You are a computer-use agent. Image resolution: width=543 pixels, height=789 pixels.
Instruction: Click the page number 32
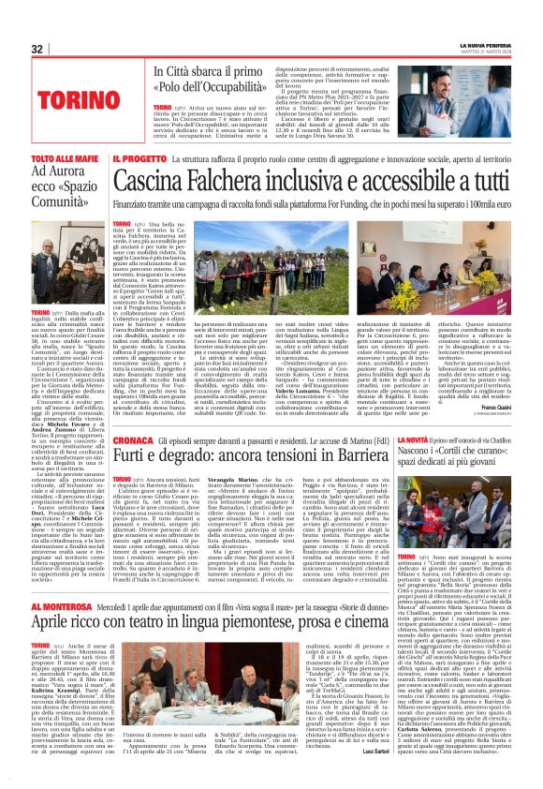point(37,50)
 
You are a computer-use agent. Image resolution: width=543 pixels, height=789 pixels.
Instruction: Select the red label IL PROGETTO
point(138,160)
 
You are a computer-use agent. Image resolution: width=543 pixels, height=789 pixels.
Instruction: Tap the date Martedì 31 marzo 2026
point(488,52)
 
